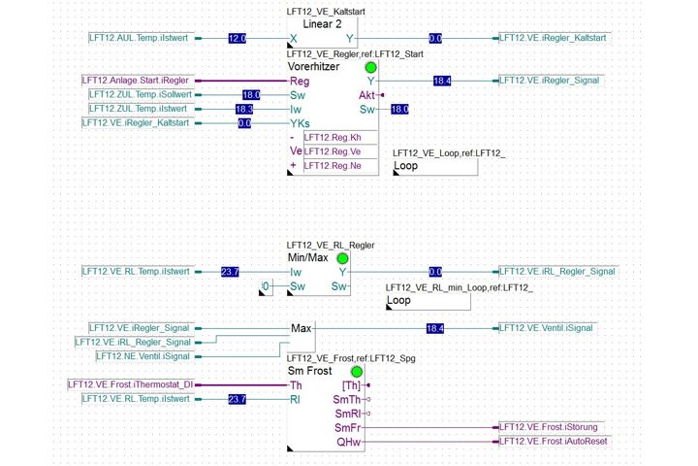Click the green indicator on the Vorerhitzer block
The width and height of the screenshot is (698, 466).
coord(370,67)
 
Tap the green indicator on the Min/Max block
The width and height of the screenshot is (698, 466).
coord(342,258)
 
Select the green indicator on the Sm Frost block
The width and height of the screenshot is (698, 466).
coord(357,372)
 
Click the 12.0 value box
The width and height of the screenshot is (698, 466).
coord(238,39)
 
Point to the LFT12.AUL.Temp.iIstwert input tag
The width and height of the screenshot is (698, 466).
coord(139,38)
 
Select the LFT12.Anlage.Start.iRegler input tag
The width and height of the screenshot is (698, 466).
coord(136,81)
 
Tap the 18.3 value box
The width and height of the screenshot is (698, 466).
coord(244,110)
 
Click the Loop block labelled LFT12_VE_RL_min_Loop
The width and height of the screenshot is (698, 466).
coord(428,302)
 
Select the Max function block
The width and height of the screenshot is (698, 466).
coord(301,336)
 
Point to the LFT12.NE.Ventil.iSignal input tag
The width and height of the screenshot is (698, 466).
coord(143,356)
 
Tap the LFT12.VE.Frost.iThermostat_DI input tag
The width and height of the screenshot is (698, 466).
coord(131,384)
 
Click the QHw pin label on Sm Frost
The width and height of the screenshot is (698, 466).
coord(349,442)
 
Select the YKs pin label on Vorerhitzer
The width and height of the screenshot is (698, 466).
coord(300,123)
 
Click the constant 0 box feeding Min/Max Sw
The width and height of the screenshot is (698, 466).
coord(266,286)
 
